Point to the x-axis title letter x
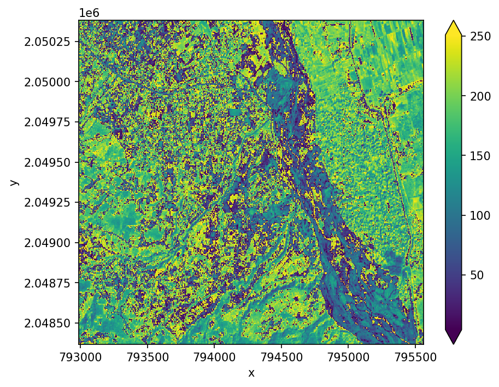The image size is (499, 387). tap(251, 373)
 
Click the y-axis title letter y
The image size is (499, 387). tap(14, 182)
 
